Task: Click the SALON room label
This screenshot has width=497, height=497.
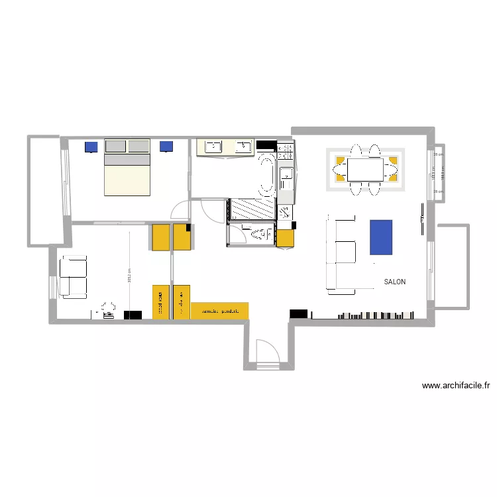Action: point(395,282)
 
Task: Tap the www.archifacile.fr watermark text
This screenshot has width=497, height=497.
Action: point(455,385)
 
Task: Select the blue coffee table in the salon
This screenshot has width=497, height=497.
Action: point(381,237)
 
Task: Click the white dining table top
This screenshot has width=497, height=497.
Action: point(365,170)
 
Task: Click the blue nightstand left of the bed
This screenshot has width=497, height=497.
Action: point(91,146)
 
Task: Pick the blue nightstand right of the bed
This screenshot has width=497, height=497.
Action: point(166,146)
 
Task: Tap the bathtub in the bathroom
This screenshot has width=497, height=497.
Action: point(266,175)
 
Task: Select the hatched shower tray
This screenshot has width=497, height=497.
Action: point(251,210)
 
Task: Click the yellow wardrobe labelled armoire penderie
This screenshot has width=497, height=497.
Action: point(220,310)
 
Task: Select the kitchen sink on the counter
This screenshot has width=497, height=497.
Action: point(286,174)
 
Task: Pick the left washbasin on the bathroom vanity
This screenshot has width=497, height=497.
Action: point(214,146)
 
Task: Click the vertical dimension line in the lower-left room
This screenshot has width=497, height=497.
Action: point(130,272)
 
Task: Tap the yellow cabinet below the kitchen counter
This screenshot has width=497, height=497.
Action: point(286,237)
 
